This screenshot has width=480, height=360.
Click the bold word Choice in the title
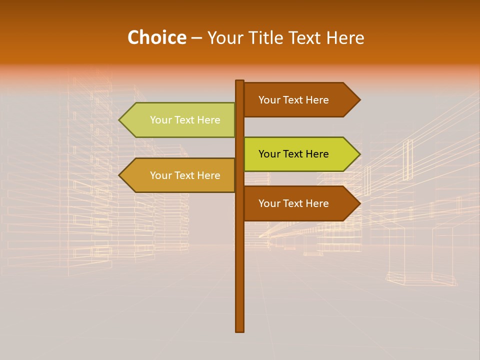156,37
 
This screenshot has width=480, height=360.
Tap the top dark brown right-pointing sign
300,100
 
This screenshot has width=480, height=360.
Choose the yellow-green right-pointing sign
300,154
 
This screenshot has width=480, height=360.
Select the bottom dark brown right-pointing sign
300,203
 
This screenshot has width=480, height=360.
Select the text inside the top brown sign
293,100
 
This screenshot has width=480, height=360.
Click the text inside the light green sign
185,120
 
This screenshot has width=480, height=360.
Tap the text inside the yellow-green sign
293,154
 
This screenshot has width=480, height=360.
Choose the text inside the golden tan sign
185,175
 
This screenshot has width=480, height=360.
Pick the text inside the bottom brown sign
293,203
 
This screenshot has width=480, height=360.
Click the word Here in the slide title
345,37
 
